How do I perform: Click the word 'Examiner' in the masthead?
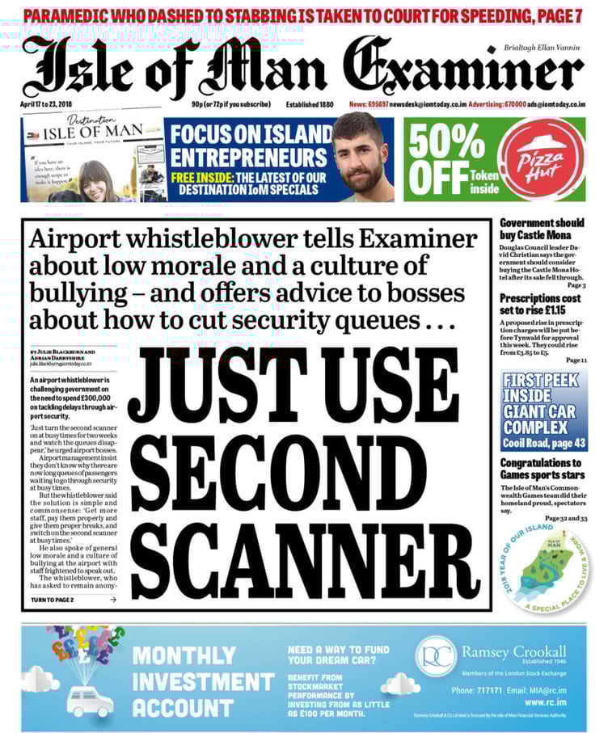[462, 68]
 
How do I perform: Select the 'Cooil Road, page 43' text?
[544, 444]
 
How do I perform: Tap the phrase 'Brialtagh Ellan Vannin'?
[541, 48]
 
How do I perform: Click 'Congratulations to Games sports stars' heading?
[540, 470]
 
